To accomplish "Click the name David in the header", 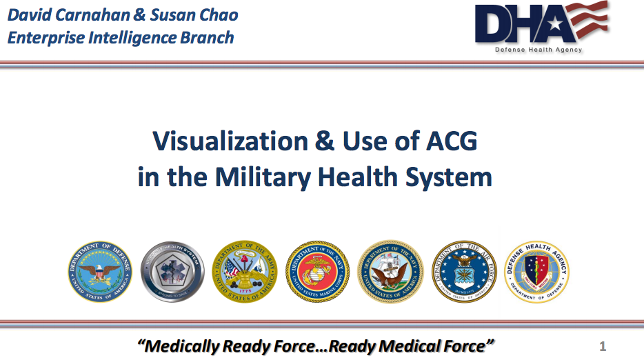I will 28,14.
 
